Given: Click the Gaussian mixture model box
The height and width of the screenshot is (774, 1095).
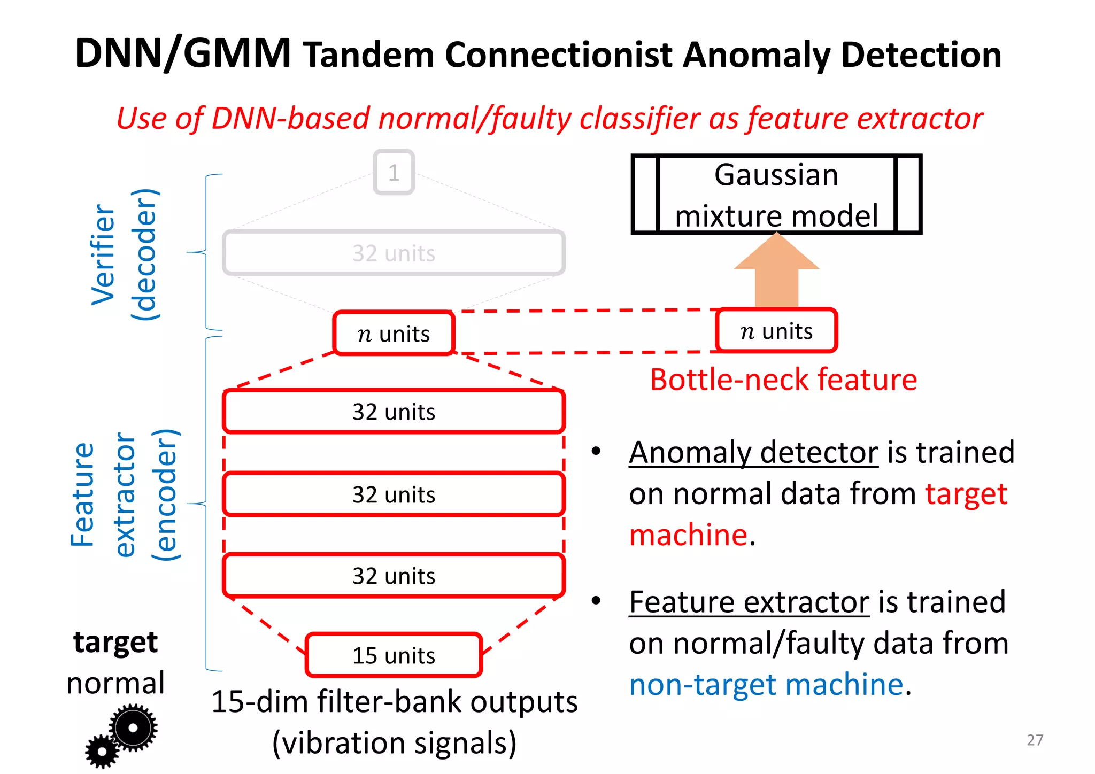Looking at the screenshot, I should (x=776, y=195).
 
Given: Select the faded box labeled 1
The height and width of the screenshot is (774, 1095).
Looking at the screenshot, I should (x=394, y=172).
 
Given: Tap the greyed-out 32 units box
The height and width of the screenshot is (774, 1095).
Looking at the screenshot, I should (x=394, y=253).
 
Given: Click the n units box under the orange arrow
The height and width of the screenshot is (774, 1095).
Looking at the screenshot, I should (x=776, y=331).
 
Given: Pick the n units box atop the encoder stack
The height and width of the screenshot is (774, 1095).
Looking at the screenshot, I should (x=394, y=334).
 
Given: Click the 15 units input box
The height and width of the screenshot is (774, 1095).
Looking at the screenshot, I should (x=394, y=655).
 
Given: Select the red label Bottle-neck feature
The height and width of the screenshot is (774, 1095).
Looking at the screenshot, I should (x=783, y=380).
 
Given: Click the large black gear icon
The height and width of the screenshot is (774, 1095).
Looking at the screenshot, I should (x=133, y=727).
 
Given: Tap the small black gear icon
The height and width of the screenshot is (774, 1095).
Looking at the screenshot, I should (x=102, y=752).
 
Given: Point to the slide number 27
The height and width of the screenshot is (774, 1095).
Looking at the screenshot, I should (x=1035, y=740).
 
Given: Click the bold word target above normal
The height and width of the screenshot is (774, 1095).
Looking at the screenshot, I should (x=115, y=642).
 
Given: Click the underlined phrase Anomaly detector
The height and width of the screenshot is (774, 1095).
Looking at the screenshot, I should (x=753, y=452).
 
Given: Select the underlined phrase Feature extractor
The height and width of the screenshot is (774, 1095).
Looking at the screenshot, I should (x=749, y=602).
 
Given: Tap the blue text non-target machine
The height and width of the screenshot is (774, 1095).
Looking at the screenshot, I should (x=766, y=684).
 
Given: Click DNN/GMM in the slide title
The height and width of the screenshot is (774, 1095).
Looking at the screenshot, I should (x=183, y=53).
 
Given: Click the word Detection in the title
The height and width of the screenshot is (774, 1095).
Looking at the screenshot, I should (x=921, y=55).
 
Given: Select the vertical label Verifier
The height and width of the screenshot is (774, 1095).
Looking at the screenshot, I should (x=103, y=254).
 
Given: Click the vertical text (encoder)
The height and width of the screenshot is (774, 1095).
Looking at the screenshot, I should (x=165, y=494).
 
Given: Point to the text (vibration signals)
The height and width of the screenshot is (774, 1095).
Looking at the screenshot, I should (x=394, y=742).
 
